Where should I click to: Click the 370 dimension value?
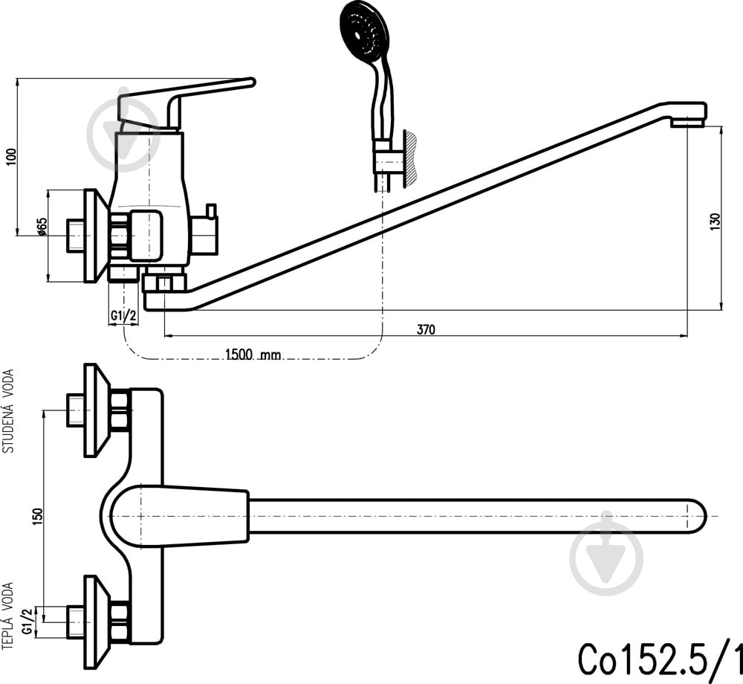tap(426, 329)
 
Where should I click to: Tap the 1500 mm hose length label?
tap(253, 354)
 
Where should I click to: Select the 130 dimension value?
tap(715, 222)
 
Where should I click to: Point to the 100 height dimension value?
tap(11, 156)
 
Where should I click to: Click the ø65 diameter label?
tap(42, 227)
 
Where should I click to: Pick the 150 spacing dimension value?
tap(38, 516)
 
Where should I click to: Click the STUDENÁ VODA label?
tap(8, 411)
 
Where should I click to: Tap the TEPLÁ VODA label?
tap(7, 616)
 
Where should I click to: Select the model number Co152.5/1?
tap(660, 659)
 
